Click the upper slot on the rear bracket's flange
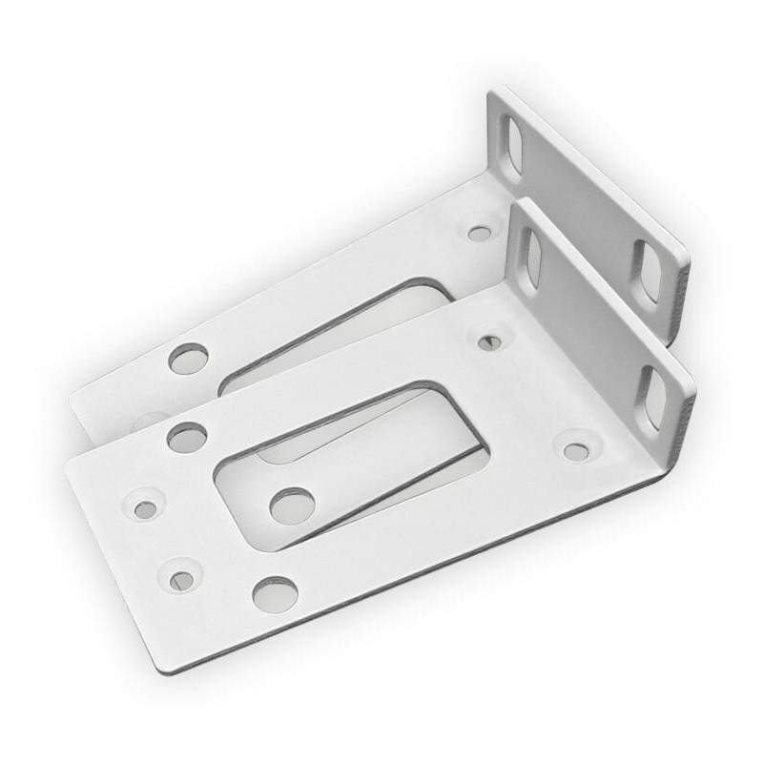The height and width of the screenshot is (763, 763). click(514, 145)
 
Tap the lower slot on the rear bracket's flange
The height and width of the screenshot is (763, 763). click(649, 272)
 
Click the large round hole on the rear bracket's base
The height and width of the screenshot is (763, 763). click(188, 359)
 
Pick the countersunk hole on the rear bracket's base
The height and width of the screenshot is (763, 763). click(479, 233)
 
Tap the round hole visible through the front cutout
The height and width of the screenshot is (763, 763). click(292, 505)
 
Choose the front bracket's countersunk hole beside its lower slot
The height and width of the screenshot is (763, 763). click(575, 451)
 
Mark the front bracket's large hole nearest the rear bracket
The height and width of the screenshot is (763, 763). click(187, 438)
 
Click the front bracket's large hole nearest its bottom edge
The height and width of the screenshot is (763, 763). click(275, 594)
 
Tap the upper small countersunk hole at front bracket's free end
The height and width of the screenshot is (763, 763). click(145, 509)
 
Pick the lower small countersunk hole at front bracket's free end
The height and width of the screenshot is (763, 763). click(181, 579)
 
